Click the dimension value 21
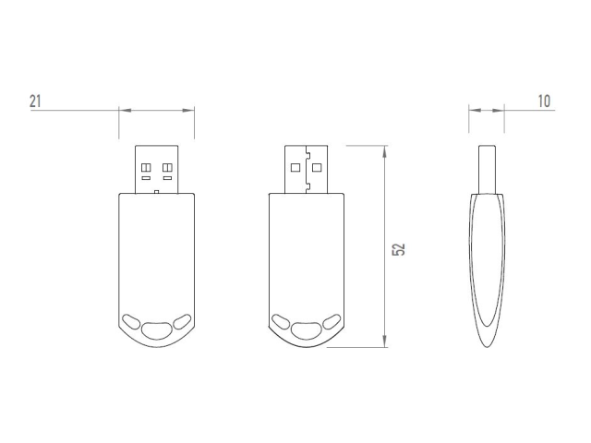tap(35, 102)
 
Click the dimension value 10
tap(544, 102)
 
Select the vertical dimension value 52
tap(399, 249)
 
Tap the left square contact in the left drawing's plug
tap(146, 167)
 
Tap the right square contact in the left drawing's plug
tap(167, 167)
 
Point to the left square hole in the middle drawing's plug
tap(295, 168)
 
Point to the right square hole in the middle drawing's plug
tap(317, 168)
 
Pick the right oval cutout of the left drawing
tap(182, 321)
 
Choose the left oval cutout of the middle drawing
tap(281, 322)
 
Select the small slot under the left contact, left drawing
tap(146, 177)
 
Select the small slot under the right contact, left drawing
tap(167, 177)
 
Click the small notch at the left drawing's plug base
tap(157, 192)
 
